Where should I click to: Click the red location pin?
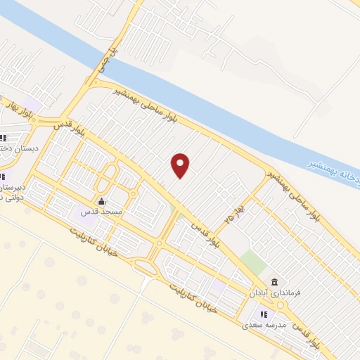[181, 165]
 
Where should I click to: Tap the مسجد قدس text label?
[103, 212]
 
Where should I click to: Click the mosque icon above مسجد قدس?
[102, 201]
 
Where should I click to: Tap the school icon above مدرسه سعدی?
[263, 314]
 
